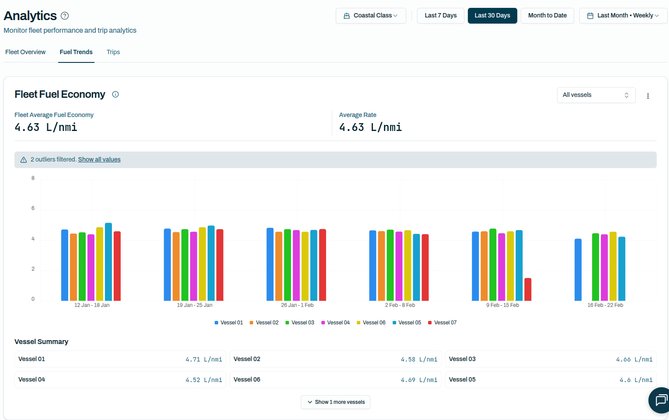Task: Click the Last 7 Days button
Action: click(x=440, y=16)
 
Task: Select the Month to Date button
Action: click(x=547, y=16)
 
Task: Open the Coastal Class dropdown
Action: click(x=371, y=16)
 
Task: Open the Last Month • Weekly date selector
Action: click(x=623, y=16)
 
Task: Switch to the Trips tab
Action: click(x=113, y=52)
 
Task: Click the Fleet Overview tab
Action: click(x=25, y=52)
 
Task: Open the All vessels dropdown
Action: click(x=596, y=95)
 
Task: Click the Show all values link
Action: click(x=99, y=160)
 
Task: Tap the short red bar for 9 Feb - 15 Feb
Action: click(x=528, y=289)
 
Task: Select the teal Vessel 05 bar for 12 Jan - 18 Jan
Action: click(x=108, y=262)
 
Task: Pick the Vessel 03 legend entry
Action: click(x=300, y=323)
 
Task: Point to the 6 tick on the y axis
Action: click(x=33, y=208)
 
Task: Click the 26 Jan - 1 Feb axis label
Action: click(x=297, y=305)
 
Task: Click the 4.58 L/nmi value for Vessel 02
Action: click(x=419, y=359)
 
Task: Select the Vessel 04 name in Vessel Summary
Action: click(x=31, y=380)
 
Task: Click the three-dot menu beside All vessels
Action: click(x=648, y=96)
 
